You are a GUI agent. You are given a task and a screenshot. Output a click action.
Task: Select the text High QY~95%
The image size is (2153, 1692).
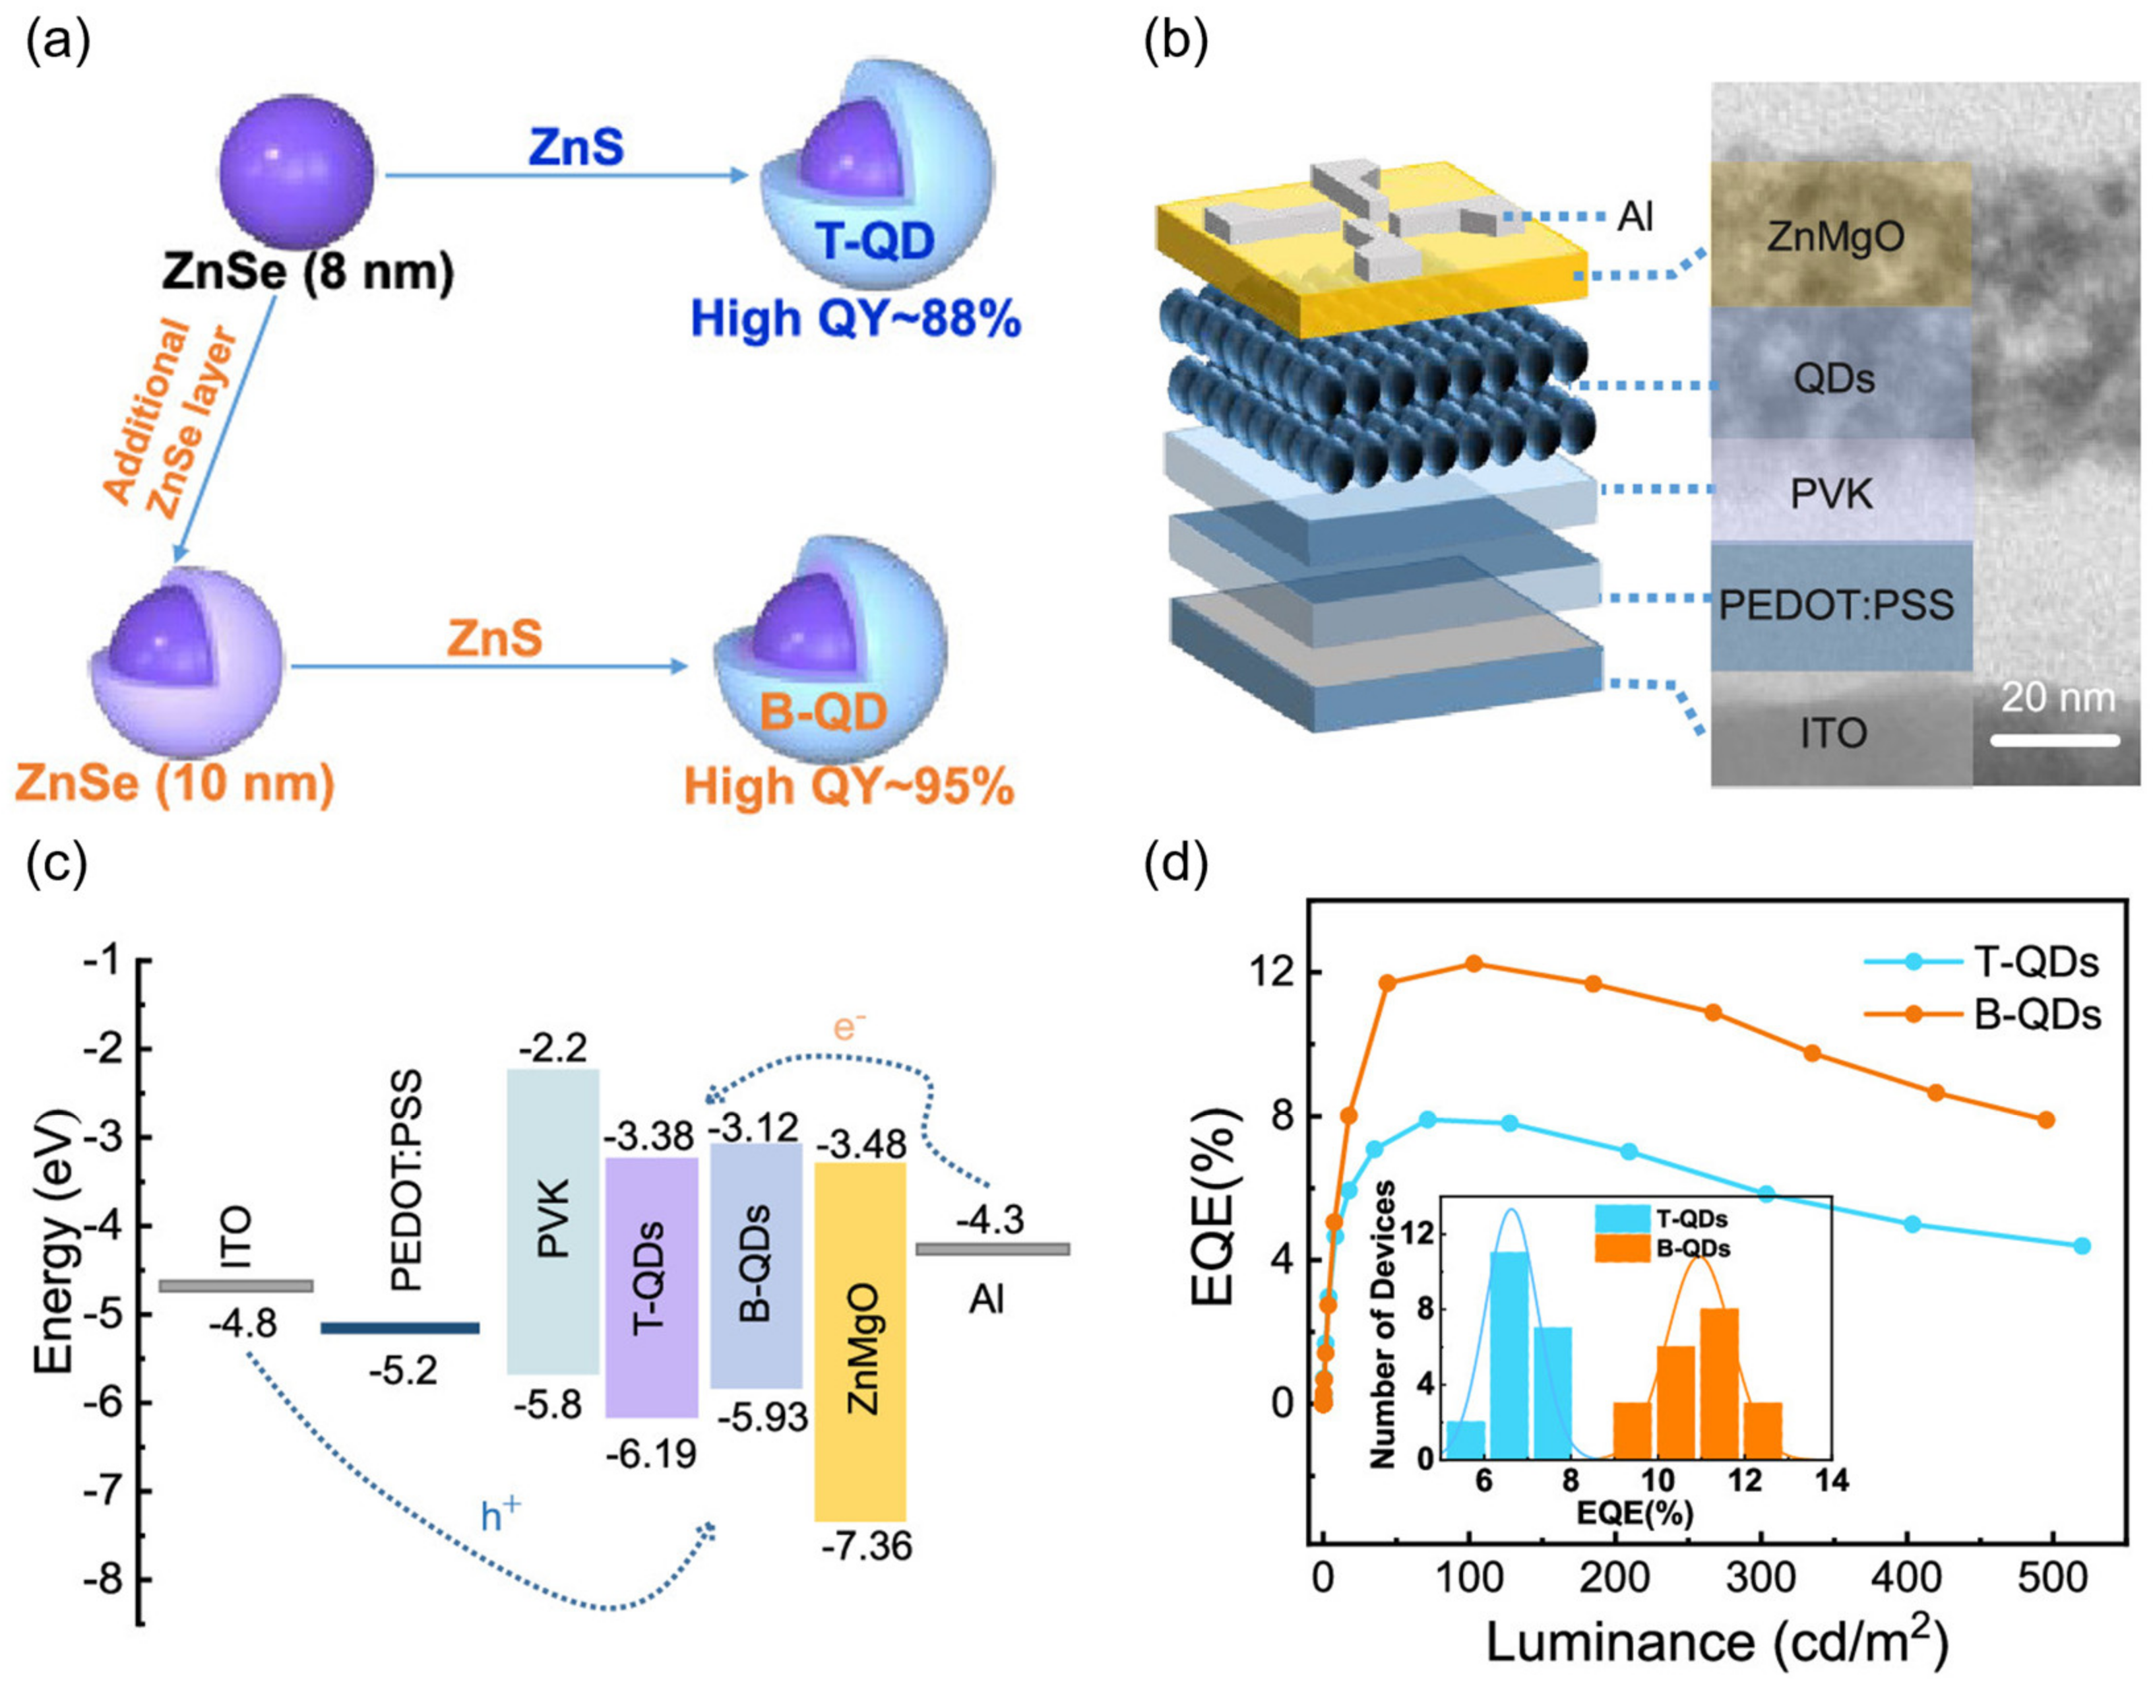click(x=850, y=787)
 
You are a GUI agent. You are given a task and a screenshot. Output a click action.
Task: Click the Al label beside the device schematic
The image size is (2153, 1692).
click(x=1635, y=216)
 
